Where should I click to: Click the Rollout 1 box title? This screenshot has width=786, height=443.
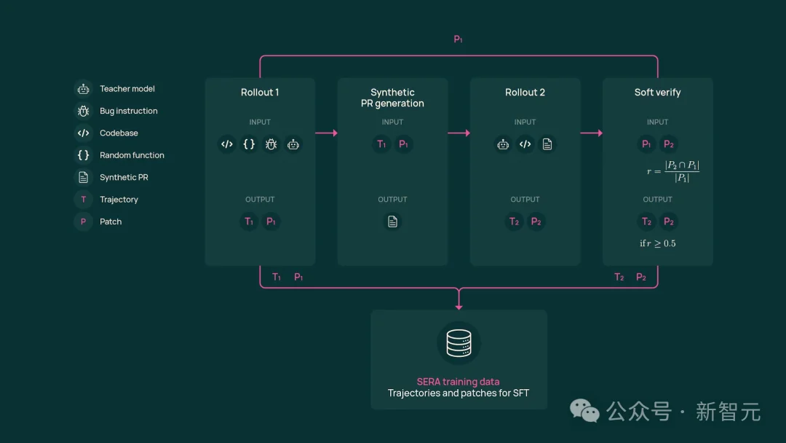coord(260,93)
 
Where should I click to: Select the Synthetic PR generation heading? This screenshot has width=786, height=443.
coord(392,98)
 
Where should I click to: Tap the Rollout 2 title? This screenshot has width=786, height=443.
coord(525,93)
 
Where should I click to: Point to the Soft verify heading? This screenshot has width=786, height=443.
coord(657,93)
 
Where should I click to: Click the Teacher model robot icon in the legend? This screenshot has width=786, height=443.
coord(83,89)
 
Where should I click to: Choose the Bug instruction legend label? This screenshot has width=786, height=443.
coord(129,111)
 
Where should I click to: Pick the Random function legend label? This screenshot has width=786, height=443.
coord(132,155)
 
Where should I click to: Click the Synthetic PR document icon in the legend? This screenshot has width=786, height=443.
coord(83,177)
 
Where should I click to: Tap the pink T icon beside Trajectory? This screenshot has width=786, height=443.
coord(83,200)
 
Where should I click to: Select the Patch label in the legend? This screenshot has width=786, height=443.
coord(111,221)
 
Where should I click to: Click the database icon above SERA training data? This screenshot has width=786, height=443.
coord(458,343)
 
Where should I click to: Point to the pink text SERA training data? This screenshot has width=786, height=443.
coord(458,382)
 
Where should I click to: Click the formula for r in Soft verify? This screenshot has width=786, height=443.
coord(673,172)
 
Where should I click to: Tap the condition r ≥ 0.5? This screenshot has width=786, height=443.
coord(658,243)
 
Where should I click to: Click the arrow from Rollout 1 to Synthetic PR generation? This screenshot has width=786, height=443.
coord(326,133)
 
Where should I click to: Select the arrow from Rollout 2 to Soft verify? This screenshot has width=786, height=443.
coord(591,133)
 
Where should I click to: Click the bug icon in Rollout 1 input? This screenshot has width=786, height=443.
coord(271,144)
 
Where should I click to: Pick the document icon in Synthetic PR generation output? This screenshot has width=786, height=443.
coord(392,221)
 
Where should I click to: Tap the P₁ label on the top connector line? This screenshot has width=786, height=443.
coord(458,39)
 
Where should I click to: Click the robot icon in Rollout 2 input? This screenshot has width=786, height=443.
coord(503,144)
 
